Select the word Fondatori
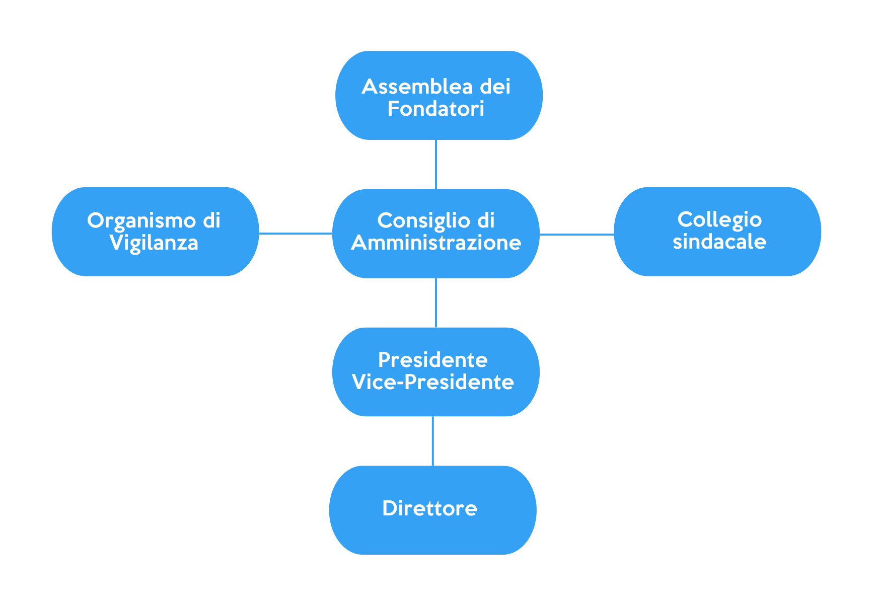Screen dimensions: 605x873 pos(435,109)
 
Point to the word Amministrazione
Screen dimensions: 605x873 pos(436,243)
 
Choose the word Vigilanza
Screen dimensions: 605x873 pos(154,243)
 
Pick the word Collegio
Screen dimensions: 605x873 pos(719,219)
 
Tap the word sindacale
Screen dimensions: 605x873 pos(719,242)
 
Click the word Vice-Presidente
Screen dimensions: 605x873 pos(433,382)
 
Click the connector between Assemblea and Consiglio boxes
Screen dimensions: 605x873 pos(436,165)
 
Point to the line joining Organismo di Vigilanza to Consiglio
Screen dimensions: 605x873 pos(296,233)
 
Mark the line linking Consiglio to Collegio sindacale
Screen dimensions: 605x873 pos(576,234)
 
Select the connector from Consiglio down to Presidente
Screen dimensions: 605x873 pos(436,302)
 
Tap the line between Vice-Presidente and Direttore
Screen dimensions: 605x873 pos(433,441)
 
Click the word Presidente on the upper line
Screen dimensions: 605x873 pos(433,360)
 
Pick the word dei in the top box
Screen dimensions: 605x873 pos(495,87)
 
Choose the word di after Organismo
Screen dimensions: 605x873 pos(211,220)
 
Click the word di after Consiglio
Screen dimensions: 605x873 pos(486,220)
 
